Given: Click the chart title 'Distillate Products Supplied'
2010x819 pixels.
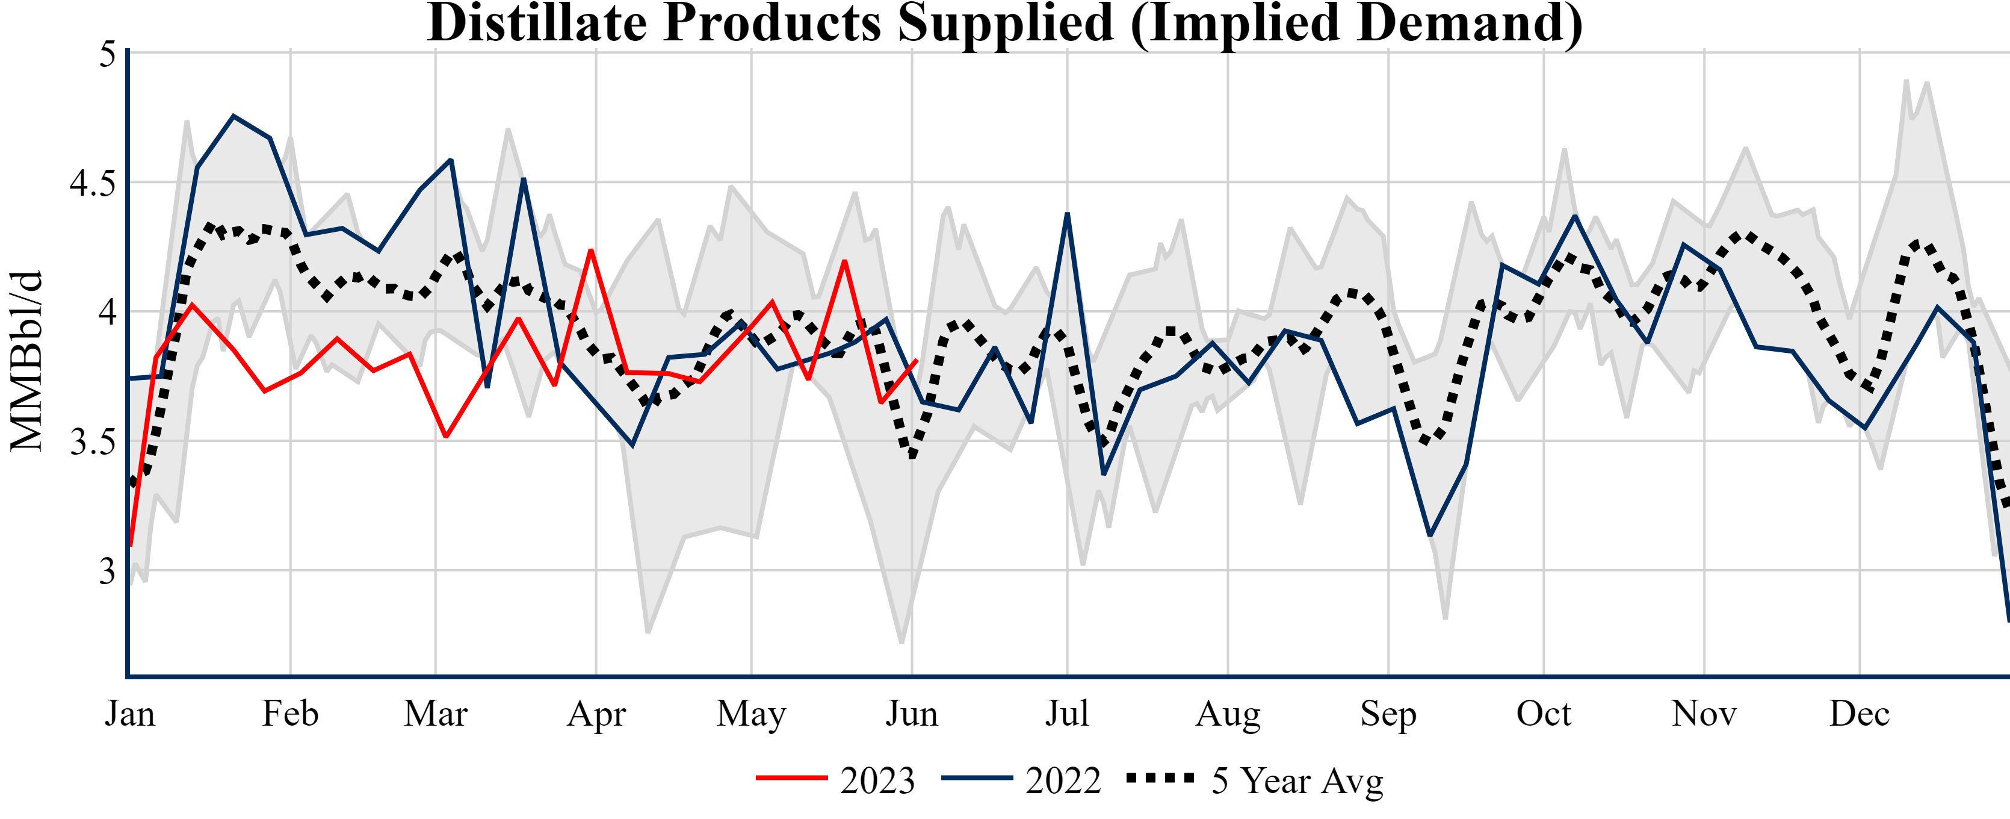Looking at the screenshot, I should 1005,23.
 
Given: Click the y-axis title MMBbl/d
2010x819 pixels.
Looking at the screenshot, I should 26,361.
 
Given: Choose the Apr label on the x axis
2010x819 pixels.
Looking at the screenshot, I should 596,714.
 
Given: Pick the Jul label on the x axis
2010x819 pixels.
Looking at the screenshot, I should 1066,714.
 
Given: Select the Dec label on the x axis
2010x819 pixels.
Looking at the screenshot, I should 1860,714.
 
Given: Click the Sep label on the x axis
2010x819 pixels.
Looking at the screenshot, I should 1388,714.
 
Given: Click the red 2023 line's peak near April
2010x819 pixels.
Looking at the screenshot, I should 592,250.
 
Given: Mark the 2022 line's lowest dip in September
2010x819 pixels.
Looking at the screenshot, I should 1429,535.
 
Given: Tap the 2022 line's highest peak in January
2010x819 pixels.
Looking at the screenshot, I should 233,116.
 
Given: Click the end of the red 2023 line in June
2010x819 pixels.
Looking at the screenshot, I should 916,360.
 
